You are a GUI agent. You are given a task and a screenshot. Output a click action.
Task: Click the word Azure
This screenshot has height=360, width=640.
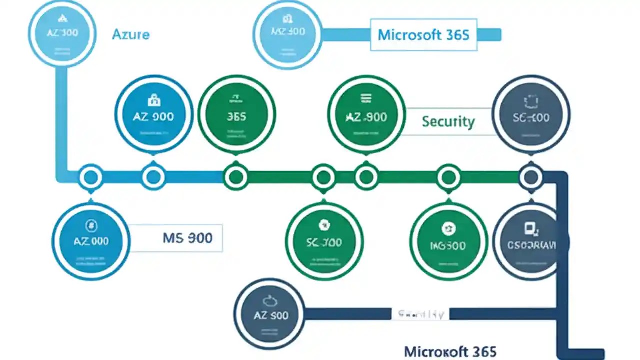(x=131, y=34)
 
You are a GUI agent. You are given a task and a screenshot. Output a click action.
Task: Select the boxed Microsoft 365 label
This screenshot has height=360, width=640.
(x=423, y=35)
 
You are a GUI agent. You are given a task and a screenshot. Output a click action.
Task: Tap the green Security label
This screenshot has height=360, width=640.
(x=448, y=121)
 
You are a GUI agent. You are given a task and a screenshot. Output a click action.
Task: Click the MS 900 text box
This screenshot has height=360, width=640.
(x=187, y=238)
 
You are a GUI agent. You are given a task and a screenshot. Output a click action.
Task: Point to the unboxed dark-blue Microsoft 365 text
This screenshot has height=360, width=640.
(x=450, y=351)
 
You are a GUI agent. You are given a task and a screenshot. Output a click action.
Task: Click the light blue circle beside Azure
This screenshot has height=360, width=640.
(x=62, y=33)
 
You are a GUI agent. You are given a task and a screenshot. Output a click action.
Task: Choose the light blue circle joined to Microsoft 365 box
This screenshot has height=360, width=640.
(x=287, y=33)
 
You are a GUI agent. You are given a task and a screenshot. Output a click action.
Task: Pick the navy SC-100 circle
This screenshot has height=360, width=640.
(x=531, y=116)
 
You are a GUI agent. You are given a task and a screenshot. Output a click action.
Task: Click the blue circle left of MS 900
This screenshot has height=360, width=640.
(x=91, y=241)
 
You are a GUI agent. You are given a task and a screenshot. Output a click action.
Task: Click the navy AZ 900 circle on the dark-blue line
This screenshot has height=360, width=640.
(x=270, y=314)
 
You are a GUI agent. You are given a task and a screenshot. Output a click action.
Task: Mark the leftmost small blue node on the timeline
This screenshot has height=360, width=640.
(x=91, y=177)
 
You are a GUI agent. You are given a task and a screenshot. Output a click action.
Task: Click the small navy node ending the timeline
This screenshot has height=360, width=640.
(x=531, y=177)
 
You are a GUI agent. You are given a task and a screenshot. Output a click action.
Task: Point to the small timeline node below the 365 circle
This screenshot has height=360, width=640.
(x=236, y=177)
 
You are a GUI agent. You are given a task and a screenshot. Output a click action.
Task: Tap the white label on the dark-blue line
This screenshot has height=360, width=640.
(x=420, y=314)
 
